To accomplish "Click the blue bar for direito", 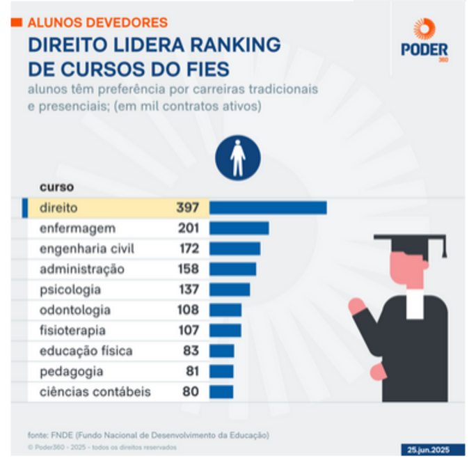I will (268, 207).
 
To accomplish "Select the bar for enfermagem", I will (239, 228).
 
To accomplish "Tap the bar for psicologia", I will (229, 290).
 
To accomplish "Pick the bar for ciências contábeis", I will (221, 392).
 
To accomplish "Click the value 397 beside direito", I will (188, 207).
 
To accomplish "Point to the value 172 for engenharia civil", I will (188, 249).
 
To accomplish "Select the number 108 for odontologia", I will (188, 310).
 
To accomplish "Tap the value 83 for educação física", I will (191, 351).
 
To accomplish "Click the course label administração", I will (81, 269).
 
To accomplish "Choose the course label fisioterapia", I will (72, 331).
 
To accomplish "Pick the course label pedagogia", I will (71, 371).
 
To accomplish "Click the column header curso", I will (56, 187).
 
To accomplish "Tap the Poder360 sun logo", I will (425, 29).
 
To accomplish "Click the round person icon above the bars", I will (238, 156).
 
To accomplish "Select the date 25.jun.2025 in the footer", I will (431, 449).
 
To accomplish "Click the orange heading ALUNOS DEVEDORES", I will (97, 23).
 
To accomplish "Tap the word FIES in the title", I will (205, 70).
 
